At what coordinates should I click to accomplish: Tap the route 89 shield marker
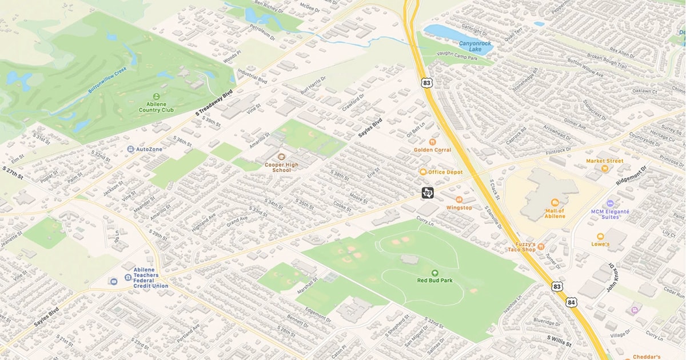pyautogui.click(x=428, y=193)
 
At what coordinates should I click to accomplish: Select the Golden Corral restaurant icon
pyautogui.click(x=432, y=141)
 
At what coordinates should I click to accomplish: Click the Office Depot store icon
pyautogui.click(x=423, y=172)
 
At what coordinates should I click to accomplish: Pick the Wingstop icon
pyautogui.click(x=459, y=199)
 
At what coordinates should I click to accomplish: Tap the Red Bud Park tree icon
pyautogui.click(x=434, y=273)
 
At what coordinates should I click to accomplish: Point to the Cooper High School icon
pyautogui.click(x=281, y=156)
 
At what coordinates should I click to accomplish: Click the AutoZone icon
pyautogui.click(x=131, y=149)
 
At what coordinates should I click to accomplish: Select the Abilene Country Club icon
pyautogui.click(x=156, y=96)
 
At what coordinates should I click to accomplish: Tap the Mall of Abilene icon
pyautogui.click(x=554, y=202)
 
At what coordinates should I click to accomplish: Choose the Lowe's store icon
pyautogui.click(x=600, y=236)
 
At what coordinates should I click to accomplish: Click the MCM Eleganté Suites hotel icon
pyautogui.click(x=610, y=203)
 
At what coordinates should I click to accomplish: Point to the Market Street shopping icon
pyautogui.click(x=604, y=169)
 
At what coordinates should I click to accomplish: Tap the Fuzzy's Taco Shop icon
pyautogui.click(x=541, y=246)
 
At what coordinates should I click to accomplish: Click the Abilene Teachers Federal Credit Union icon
pyautogui.click(x=113, y=281)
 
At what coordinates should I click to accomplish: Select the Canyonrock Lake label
pyautogui.click(x=475, y=46)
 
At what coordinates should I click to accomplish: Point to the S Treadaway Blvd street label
pyautogui.click(x=214, y=104)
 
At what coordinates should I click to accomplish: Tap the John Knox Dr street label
pyautogui.click(x=611, y=279)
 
